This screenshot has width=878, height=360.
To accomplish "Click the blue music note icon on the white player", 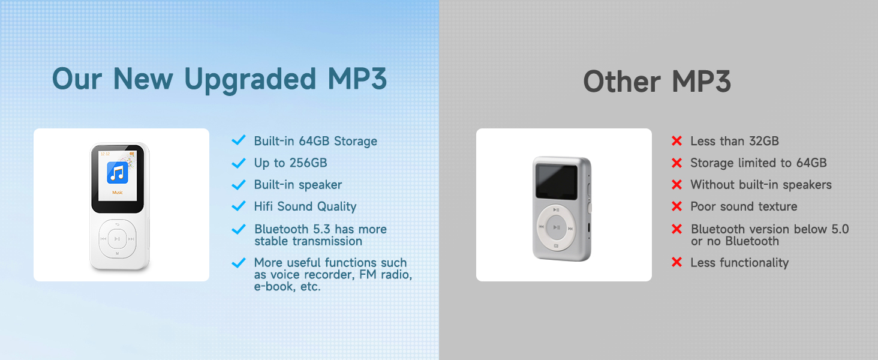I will pyautogui.click(x=118, y=173).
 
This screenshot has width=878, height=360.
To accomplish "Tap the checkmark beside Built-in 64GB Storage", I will pyautogui.click(x=238, y=141).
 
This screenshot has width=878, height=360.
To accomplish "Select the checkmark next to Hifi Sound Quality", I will pyautogui.click(x=238, y=206).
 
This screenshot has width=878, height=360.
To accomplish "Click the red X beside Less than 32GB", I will pyautogui.click(x=676, y=141).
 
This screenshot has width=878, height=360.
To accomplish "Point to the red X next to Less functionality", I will pyautogui.click(x=676, y=262).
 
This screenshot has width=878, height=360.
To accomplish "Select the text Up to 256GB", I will pyautogui.click(x=290, y=163).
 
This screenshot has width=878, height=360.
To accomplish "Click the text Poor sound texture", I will pyautogui.click(x=744, y=206).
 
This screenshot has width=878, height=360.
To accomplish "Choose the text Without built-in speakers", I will pyautogui.click(x=760, y=185).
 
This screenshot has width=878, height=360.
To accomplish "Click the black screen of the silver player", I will pyautogui.click(x=557, y=181).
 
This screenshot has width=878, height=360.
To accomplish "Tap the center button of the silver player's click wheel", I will pyautogui.click(x=557, y=227).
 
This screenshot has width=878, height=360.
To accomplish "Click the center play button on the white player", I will pyautogui.click(x=118, y=239).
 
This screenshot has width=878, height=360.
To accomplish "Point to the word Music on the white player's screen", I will pyautogui.click(x=118, y=193).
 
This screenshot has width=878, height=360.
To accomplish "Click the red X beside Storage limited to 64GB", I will pyautogui.click(x=676, y=163).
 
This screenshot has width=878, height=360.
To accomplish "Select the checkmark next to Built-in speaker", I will pyautogui.click(x=238, y=185).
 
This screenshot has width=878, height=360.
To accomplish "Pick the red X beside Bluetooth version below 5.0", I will pyautogui.click(x=676, y=229).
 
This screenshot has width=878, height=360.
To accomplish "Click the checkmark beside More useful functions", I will pyautogui.click(x=238, y=263).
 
